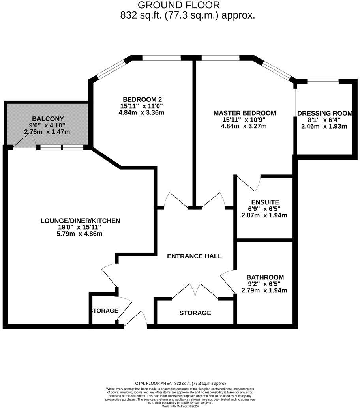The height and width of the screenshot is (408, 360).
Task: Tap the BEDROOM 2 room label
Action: pyautogui.click(x=142, y=99)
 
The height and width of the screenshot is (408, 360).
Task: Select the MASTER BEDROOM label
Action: pyautogui.click(x=245, y=113)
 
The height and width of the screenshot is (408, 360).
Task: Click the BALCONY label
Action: pyautogui.click(x=48, y=119)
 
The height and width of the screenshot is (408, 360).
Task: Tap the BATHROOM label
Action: pyautogui.click(x=264, y=277)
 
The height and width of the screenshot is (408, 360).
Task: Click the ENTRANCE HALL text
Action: pyautogui.click(x=194, y=256)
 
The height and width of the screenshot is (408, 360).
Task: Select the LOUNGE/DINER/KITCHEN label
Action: pyautogui.click(x=80, y=221)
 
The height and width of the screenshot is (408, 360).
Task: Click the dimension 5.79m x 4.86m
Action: pyautogui.click(x=80, y=234)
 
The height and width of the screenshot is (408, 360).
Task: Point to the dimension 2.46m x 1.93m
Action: pyautogui.click(x=324, y=126)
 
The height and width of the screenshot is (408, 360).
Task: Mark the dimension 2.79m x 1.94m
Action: pyautogui.click(x=264, y=290)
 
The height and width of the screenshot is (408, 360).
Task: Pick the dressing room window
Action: pyautogui.click(x=323, y=82)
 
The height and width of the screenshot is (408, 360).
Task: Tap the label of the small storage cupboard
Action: pyautogui.click(x=105, y=311)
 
